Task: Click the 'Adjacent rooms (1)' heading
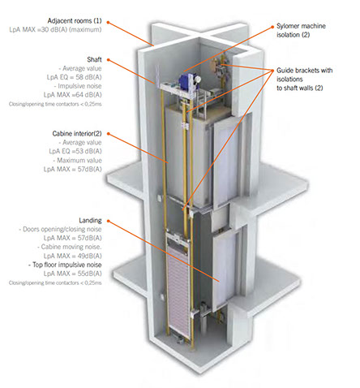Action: tap(75, 21)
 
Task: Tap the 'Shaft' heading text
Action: tap(94, 59)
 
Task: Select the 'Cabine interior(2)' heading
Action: tap(77, 134)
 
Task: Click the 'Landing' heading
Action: tap(90, 221)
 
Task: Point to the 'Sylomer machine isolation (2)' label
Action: tap(301, 30)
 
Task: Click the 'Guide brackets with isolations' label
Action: tap(304, 75)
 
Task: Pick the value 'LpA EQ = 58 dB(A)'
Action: tap(75, 77)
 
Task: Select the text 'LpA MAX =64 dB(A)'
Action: tap(73, 95)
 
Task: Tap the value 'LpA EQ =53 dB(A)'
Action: tap(75, 151)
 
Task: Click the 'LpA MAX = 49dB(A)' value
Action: tap(73, 256)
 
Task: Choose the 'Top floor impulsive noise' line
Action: tap(65, 265)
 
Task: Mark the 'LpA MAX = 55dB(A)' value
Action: tap(73, 274)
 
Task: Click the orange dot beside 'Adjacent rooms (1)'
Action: tap(108, 23)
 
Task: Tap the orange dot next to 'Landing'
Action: tap(108, 221)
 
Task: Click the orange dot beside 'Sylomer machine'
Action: tap(272, 27)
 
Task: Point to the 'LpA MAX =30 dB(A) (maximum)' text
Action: tap(55, 30)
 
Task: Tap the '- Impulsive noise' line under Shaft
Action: tap(78, 86)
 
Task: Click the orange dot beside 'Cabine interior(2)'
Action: tap(108, 134)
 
